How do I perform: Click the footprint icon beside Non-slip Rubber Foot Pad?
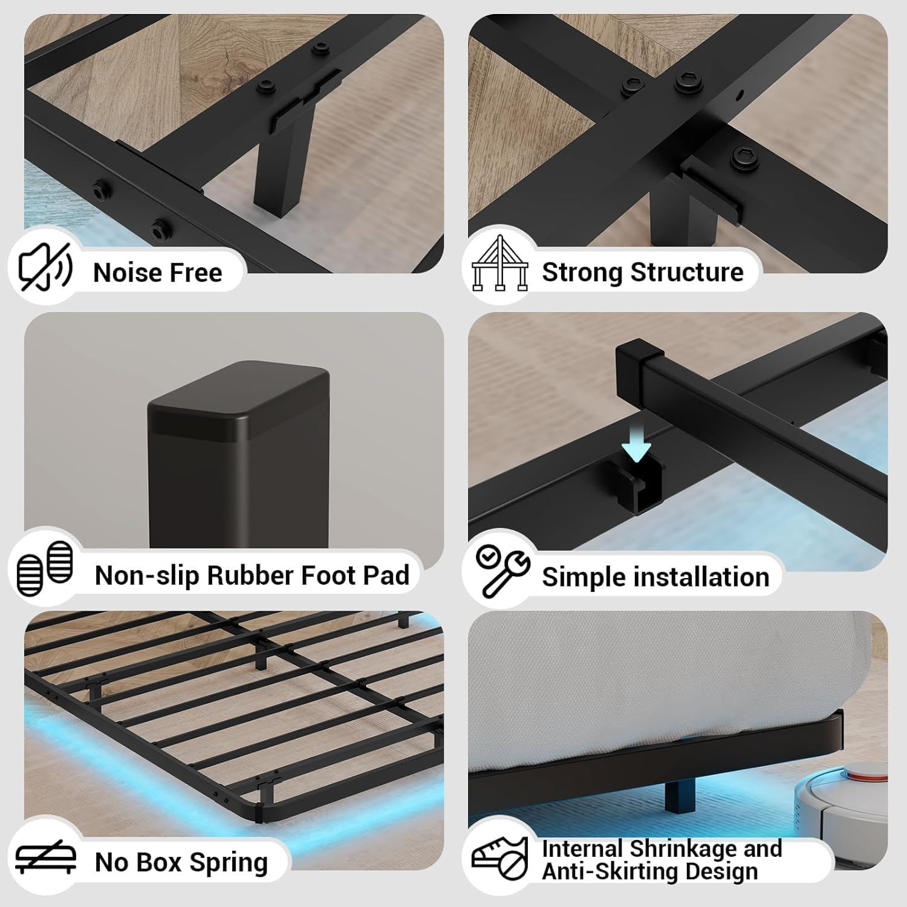point(45,568)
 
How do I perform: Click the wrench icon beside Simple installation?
point(502,569)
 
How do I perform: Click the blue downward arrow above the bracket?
point(636,450)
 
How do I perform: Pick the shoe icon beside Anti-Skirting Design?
point(500,857)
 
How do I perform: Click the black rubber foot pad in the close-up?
point(238,460)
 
